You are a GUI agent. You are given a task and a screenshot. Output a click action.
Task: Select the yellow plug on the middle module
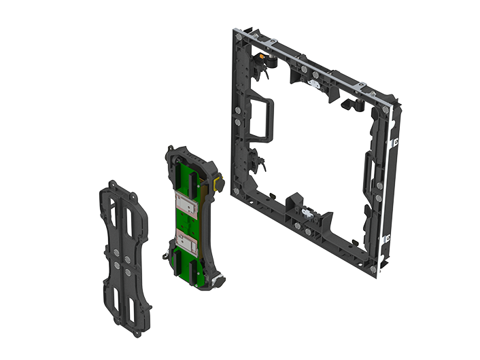coord(218,183)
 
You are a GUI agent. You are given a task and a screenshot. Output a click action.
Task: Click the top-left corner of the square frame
coord(237,33)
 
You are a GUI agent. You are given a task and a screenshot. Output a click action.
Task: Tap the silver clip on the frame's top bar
coord(315,84)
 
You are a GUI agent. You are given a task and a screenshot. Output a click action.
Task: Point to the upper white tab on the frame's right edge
coord(393,143)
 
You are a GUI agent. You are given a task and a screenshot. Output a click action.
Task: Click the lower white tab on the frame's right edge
coord(387,238)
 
